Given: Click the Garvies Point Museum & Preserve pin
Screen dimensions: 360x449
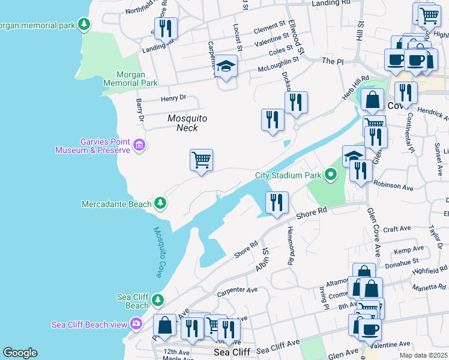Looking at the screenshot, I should (139, 145).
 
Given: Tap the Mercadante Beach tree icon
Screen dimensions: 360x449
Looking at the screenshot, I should (160, 203).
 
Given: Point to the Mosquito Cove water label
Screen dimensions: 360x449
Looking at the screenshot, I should (158, 251).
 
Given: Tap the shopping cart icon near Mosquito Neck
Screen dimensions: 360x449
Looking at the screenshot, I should (202, 160).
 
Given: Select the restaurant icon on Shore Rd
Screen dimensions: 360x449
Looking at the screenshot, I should (277, 203).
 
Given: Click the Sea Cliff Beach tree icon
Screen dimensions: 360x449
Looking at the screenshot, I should (158, 299).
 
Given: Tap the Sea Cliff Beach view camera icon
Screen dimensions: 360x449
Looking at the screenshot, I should (136, 324).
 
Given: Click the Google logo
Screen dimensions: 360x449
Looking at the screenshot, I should (20, 353).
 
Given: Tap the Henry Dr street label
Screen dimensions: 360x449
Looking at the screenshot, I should (173, 98).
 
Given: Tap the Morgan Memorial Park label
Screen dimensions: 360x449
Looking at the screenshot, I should (130, 79).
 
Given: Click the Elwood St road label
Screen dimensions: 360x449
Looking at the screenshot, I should (297, 35).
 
